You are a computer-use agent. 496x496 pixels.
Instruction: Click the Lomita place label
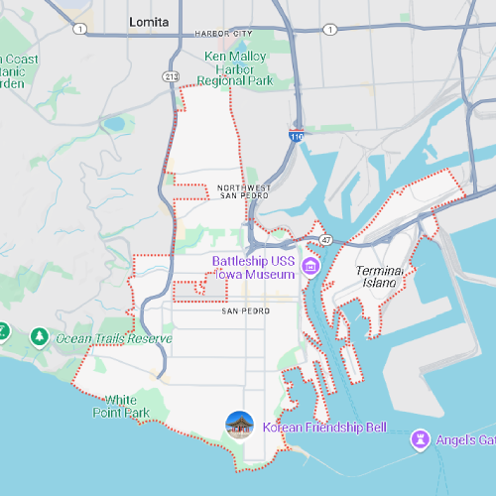[x=150, y=21]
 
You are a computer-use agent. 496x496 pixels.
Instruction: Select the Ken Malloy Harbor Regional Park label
[x=234, y=68]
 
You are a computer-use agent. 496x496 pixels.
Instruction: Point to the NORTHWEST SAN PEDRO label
[x=243, y=191]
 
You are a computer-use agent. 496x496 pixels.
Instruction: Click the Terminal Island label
[x=380, y=276]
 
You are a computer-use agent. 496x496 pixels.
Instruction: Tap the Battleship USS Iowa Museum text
[x=253, y=267]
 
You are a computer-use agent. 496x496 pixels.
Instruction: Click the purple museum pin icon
[x=310, y=266]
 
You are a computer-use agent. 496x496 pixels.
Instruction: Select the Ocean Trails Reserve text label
[x=113, y=338]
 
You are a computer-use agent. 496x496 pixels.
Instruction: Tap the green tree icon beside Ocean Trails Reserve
[x=39, y=337]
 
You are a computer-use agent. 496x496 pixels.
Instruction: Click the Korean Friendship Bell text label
[x=324, y=429]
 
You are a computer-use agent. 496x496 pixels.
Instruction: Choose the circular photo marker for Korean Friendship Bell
[x=240, y=426]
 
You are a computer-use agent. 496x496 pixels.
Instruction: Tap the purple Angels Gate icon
[x=421, y=438]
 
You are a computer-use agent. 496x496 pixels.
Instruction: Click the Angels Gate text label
[x=466, y=439]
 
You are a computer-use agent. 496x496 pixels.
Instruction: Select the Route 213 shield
[x=172, y=75]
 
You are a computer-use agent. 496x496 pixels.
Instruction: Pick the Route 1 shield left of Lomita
[x=78, y=28]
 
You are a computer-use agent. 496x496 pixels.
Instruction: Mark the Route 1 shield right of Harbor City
[x=327, y=29]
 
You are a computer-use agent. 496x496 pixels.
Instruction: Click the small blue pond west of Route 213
[x=115, y=125]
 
